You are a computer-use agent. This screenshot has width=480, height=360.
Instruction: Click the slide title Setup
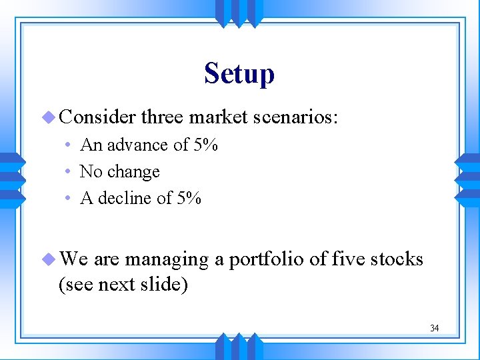pyautogui.click(x=239, y=73)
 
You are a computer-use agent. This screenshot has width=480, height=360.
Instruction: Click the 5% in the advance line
pyautogui.click(x=205, y=145)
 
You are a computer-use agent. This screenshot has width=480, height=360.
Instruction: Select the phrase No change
pyautogui.click(x=120, y=172)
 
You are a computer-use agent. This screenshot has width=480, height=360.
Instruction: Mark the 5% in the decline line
pyautogui.click(x=188, y=199)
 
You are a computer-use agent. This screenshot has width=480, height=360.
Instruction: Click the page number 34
pyautogui.click(x=434, y=328)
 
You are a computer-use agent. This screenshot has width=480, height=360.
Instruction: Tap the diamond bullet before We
pyautogui.click(x=51, y=259)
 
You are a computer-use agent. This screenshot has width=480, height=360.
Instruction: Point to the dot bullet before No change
pyautogui.click(x=70, y=173)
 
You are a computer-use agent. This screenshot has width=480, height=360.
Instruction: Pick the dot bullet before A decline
pyautogui.click(x=70, y=199)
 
